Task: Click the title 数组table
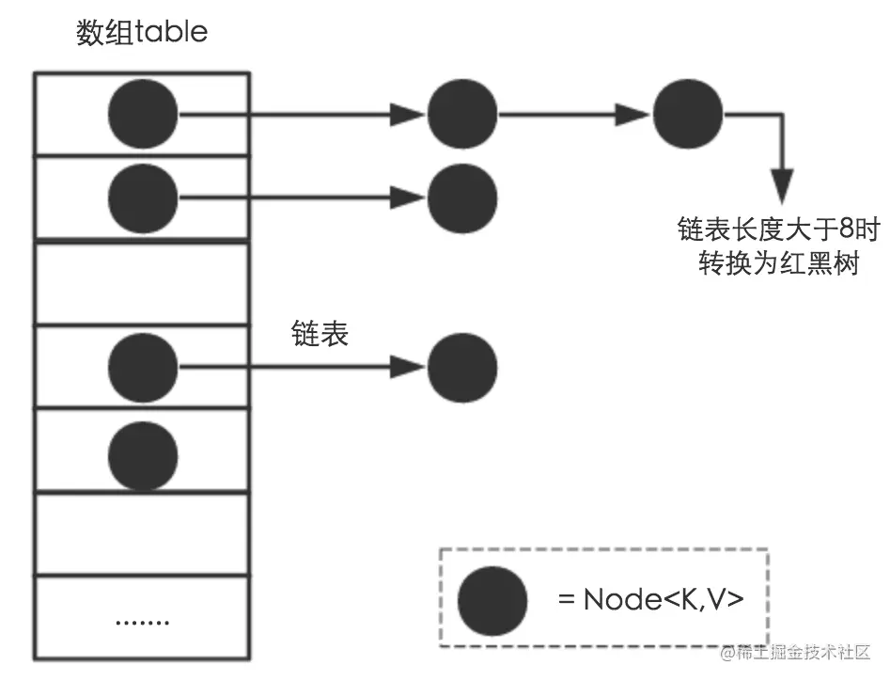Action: coord(142,32)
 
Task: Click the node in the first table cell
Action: coord(143,114)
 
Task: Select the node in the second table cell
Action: coord(143,198)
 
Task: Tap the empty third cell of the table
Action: coord(142,283)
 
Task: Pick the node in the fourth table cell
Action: coord(143,368)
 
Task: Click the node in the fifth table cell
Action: coord(143,455)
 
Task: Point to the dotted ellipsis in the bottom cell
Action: coord(142,623)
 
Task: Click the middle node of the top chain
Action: coord(462,114)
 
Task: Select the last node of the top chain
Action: coord(688,114)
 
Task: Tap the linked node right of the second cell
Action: coord(462,198)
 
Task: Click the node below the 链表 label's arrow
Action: coord(462,368)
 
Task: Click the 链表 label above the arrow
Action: coord(320,333)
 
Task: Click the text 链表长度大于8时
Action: coord(779,230)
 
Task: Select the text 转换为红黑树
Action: coord(779,263)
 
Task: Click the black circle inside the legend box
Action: coord(492,600)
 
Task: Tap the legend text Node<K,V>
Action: coord(664,600)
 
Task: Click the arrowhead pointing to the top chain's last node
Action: coord(632,114)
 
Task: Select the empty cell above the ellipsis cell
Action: coord(142,534)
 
